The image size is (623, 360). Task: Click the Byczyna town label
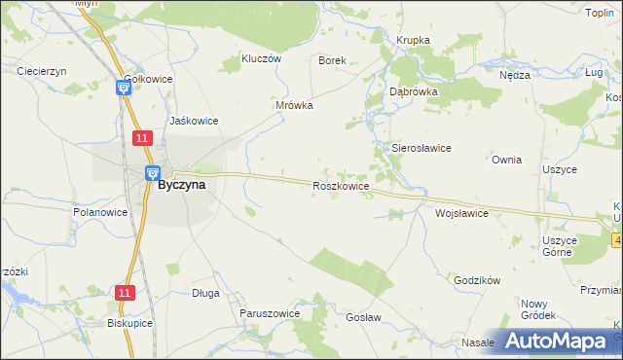tap(181, 185)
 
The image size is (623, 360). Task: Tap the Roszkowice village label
tap(340, 185)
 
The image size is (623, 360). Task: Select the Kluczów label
tap(260, 58)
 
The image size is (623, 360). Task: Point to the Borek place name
tap(333, 60)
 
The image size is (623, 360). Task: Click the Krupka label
tap(413, 40)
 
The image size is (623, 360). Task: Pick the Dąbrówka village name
tap(414, 90)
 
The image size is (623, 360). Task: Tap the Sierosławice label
tap(421, 148)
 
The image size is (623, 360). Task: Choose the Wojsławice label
tap(461, 212)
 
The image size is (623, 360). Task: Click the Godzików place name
tap(477, 280)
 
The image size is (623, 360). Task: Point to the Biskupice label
tap(130, 323)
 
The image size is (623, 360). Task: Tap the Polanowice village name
tap(100, 211)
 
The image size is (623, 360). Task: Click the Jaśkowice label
tap(194, 121)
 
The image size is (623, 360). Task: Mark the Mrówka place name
tap(294, 105)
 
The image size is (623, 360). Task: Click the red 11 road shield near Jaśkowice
tap(142, 139)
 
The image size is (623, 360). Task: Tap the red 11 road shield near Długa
tap(124, 292)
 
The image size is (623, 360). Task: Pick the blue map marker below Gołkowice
tap(124, 88)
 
